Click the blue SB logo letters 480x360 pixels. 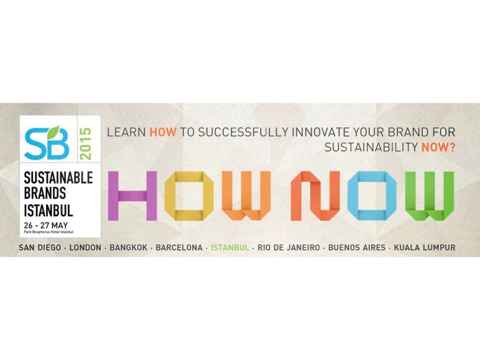pyautogui.click(x=47, y=144)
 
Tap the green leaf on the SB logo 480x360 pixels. pyautogui.click(x=53, y=132)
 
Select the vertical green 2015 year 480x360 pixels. pyautogui.click(x=85, y=143)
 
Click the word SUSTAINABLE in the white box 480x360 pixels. pyautogui.click(x=58, y=178)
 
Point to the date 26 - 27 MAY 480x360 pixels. pyautogui.click(x=46, y=226)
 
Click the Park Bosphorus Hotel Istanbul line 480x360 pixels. pyautogui.click(x=49, y=232)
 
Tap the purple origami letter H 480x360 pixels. pyautogui.click(x=133, y=196)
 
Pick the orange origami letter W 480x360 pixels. pyautogui.click(x=246, y=196)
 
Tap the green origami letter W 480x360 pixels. pyautogui.click(x=430, y=196)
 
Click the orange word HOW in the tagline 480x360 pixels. pyautogui.click(x=163, y=132)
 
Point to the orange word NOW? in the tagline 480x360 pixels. pyautogui.click(x=439, y=148)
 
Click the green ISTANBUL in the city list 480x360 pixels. pyautogui.click(x=230, y=247)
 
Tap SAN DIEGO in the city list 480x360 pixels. pyautogui.click(x=40, y=247)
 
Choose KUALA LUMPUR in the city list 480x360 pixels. pyautogui.click(x=425, y=247)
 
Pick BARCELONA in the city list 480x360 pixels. pyautogui.click(x=179, y=247)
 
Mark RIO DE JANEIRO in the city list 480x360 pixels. pyautogui.click(x=289, y=247)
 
